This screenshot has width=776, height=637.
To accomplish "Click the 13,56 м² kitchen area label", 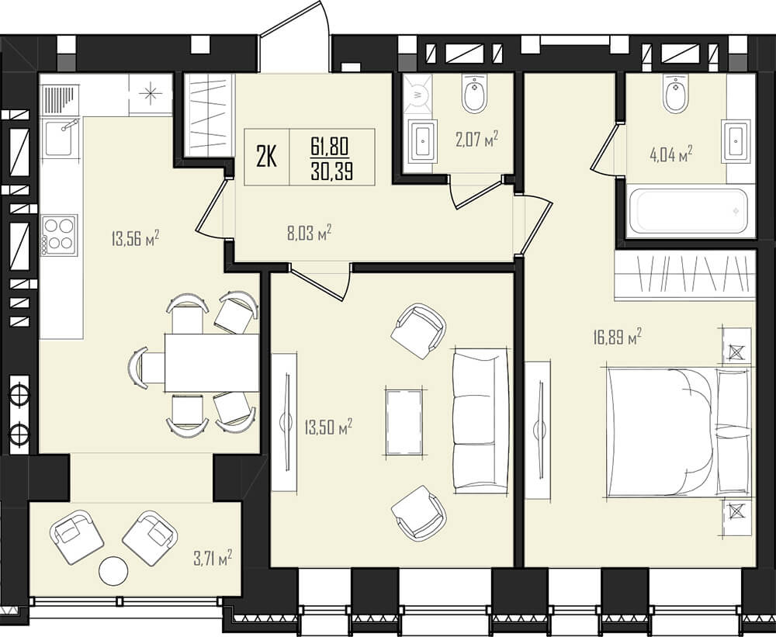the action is pyautogui.click(x=135, y=239).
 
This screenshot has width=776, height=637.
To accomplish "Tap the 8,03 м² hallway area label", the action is pyautogui.click(x=309, y=232).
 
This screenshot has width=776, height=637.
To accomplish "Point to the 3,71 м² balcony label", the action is pyautogui.click(x=213, y=559).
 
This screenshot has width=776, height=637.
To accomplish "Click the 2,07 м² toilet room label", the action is pyautogui.click(x=476, y=140).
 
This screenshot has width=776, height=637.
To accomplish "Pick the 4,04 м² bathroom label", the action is pyautogui.click(x=670, y=155).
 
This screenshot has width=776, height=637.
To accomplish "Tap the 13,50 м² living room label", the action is pyautogui.click(x=328, y=428).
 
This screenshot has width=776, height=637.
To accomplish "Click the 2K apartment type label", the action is pyautogui.click(x=266, y=157).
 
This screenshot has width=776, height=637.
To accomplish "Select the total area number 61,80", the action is pyautogui.click(x=330, y=146).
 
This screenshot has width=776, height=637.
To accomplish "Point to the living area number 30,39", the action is pyautogui.click(x=331, y=171).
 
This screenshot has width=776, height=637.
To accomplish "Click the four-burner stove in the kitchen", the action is pyautogui.click(x=60, y=235).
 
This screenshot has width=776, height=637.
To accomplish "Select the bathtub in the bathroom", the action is pyautogui.click(x=691, y=211).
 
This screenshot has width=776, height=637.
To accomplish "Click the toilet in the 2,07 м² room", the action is pyautogui.click(x=475, y=94).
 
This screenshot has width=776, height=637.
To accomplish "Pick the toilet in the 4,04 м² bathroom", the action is pyautogui.click(x=676, y=94).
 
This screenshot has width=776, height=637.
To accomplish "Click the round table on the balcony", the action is pyautogui.click(x=113, y=571).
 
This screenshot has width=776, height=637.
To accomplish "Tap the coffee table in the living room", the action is pyautogui.click(x=404, y=422).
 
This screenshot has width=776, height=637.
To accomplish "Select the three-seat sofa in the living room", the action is pyautogui.click(x=480, y=421).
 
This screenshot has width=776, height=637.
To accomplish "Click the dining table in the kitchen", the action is pyautogui.click(x=212, y=362).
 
